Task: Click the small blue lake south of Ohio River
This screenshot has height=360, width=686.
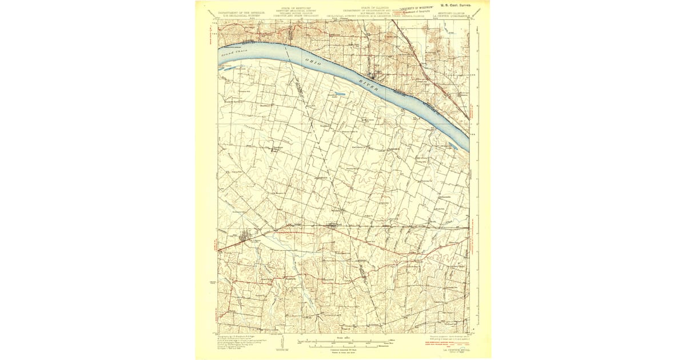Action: [339, 94]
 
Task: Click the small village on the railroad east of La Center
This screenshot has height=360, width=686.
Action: [333, 225]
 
